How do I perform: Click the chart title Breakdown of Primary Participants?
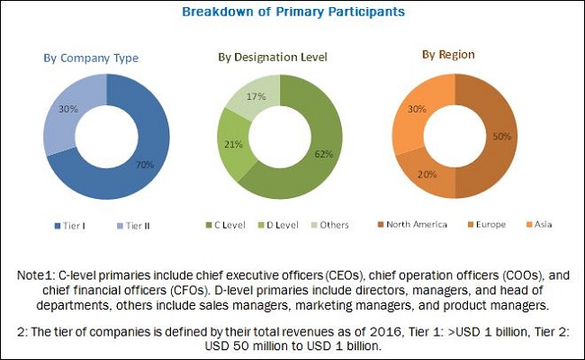tap(292, 12)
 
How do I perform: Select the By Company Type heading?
tap(91, 58)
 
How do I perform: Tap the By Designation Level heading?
tap(272, 58)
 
